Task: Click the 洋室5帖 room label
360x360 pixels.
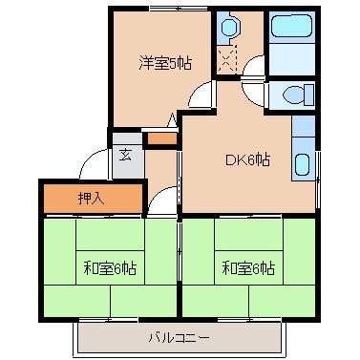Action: pos(165,63)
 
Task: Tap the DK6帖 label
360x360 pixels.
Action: pos(248,159)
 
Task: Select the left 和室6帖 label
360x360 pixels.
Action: pos(110,268)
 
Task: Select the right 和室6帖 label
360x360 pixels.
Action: pos(248,268)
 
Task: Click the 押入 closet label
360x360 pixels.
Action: pos(92,199)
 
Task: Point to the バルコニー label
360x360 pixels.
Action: pos(180,338)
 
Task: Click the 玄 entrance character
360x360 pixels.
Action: pos(126,155)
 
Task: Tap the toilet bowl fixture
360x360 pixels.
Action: pos(298,95)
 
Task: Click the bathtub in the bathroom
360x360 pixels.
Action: pos(291,26)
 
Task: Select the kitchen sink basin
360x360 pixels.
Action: pos(302,164)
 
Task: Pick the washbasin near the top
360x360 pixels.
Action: pos(229,27)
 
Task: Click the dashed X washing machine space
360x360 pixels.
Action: pos(226,59)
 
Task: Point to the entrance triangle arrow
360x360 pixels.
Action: pos(172,120)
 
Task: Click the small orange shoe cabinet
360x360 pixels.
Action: pos(162,139)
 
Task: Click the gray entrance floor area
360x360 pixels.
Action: pos(127,156)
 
